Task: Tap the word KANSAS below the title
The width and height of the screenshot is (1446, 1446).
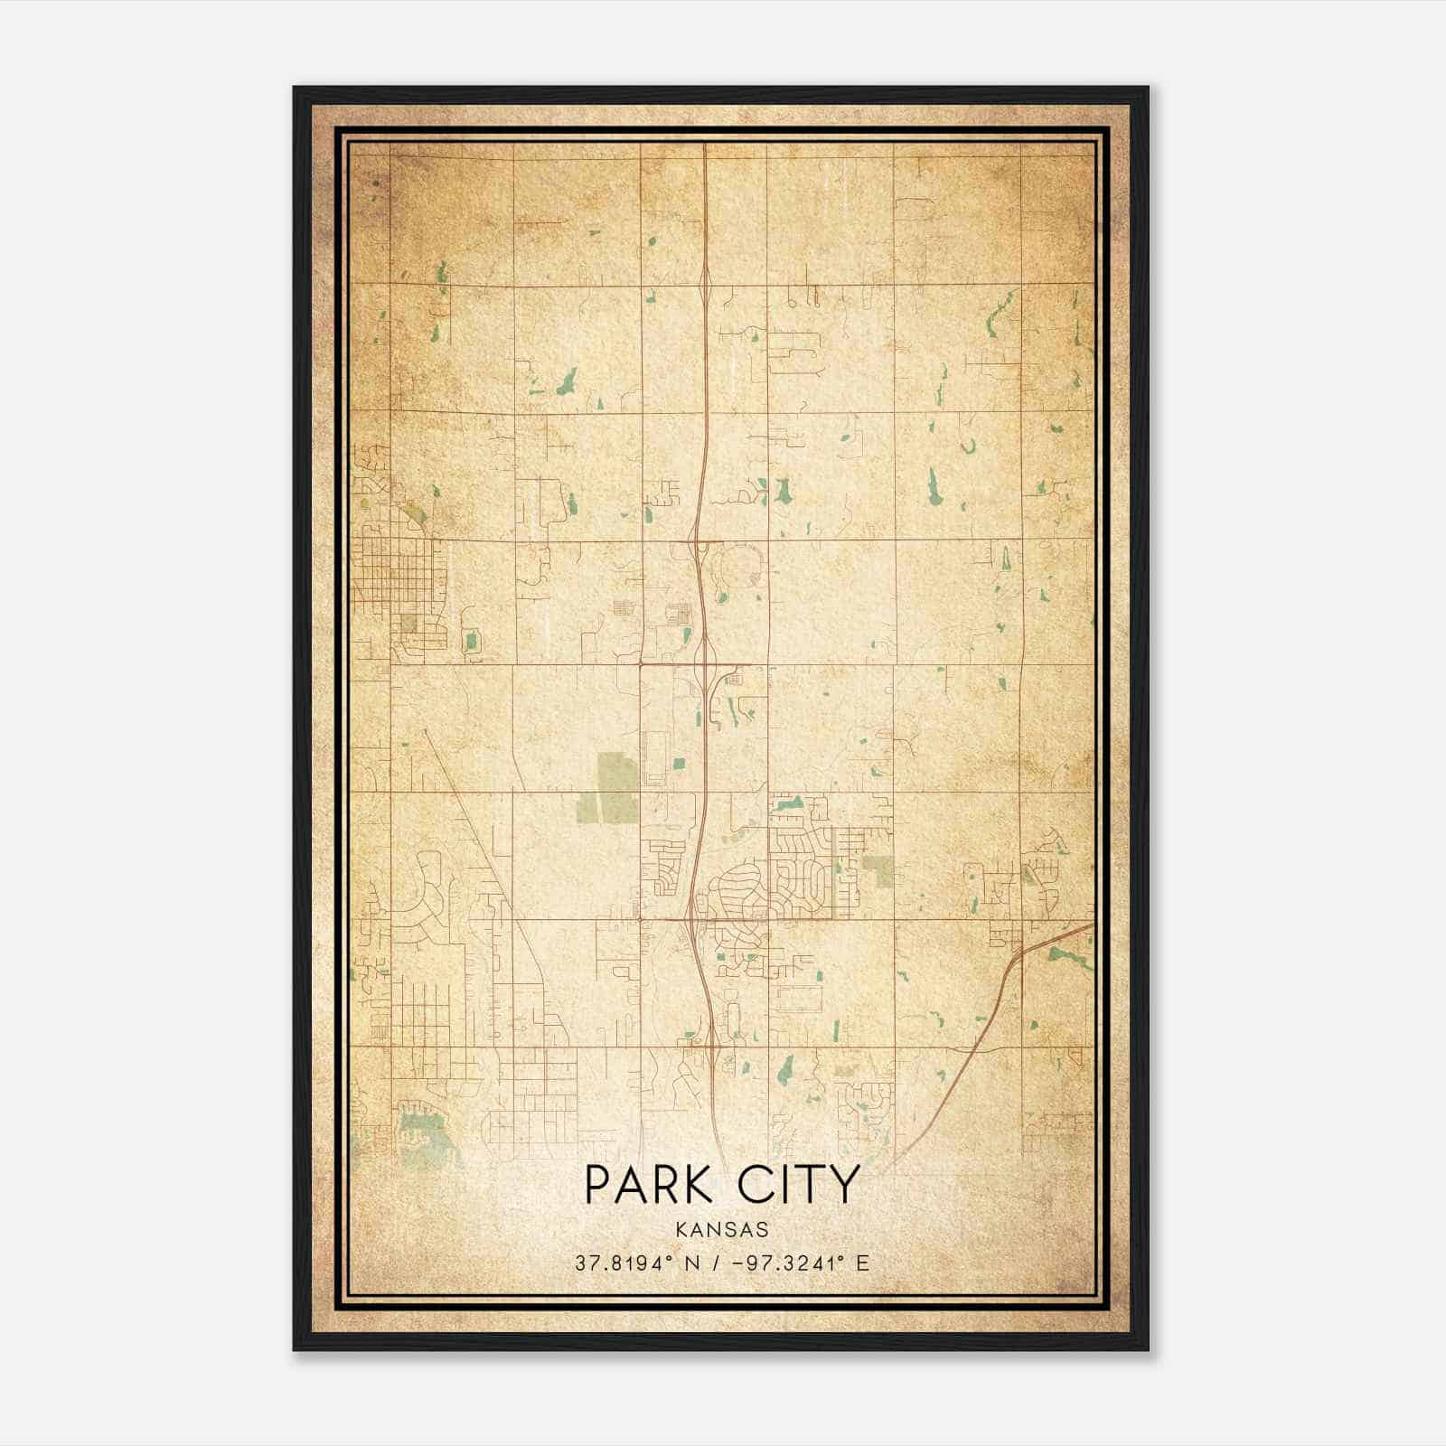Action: (721, 1230)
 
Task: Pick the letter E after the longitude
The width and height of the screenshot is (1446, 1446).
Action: (863, 1263)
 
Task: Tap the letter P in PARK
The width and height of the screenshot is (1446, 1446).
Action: (597, 1185)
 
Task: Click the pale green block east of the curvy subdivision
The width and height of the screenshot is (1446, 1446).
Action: (876, 869)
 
